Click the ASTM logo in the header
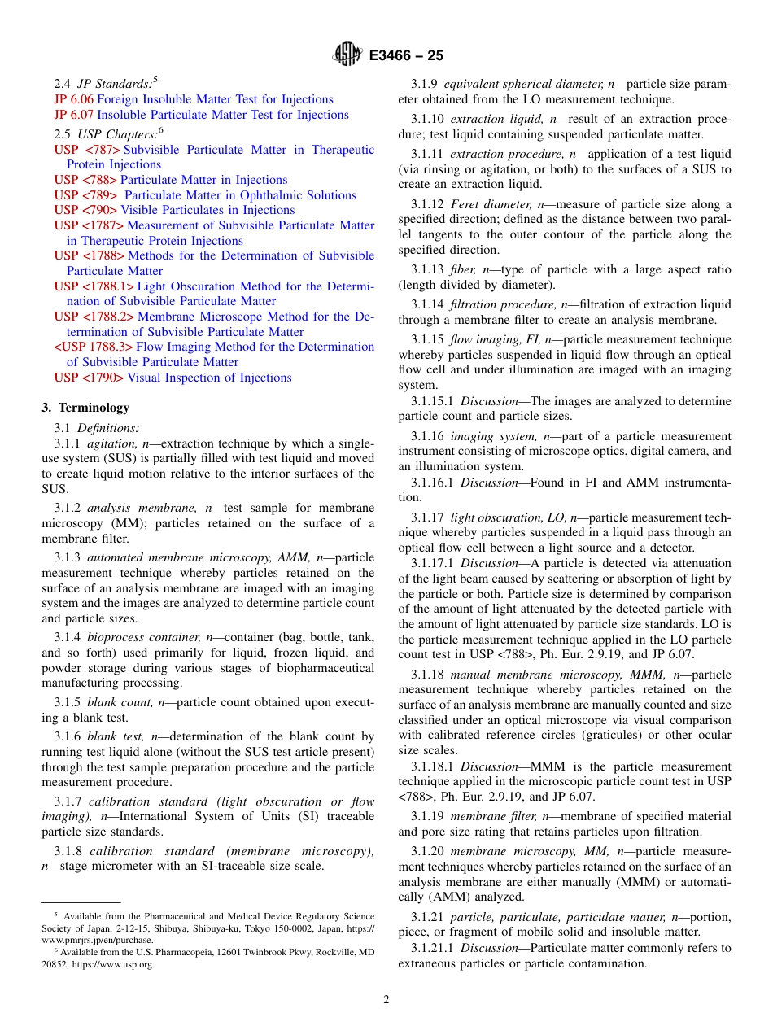(347, 55)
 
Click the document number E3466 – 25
(406, 55)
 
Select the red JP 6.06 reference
(74, 99)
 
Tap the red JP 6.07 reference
(74, 115)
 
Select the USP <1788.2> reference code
(94, 317)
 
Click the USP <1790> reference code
(90, 378)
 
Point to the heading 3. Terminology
(85, 408)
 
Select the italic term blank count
(120, 702)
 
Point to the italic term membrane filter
(487, 817)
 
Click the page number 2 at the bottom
(386, 1000)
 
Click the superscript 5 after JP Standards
(155, 80)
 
